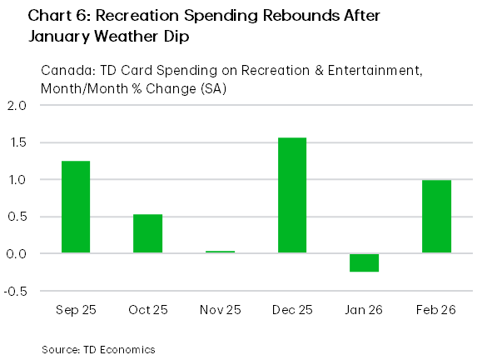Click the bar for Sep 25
coord(75,207)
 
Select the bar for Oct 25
coord(147,233)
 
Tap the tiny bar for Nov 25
coord(220,252)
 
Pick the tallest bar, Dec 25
coord(291,195)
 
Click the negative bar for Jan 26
coord(364,262)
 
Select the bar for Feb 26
coord(436,216)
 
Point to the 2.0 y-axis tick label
coord(17,106)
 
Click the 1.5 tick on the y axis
coord(17,142)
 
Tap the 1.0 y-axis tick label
coord(17,179)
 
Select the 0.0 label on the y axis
coord(17,253)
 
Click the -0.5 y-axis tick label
coord(15,290)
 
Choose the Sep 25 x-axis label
coord(75,310)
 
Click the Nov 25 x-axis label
coord(220,310)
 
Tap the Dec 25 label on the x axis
coord(291,310)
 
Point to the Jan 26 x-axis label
coord(364,310)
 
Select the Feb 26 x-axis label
coord(436,310)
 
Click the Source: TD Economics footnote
coord(98,348)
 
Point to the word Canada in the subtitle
coord(63,71)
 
